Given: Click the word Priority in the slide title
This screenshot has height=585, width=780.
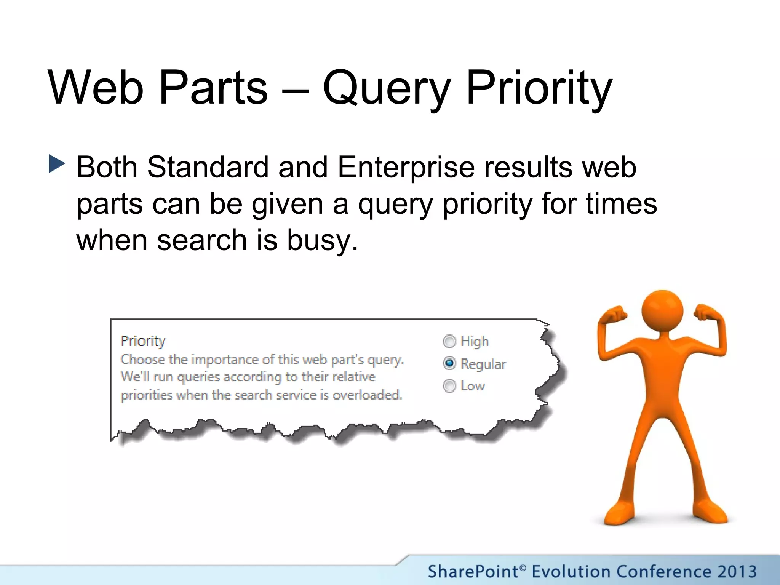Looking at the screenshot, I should pyautogui.click(x=539, y=88).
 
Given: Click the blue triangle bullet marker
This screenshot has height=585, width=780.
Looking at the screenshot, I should pyautogui.click(x=57, y=164).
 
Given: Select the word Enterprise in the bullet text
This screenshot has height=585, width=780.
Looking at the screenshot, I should pyautogui.click(x=406, y=167).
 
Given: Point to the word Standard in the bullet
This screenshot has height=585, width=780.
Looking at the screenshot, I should pyautogui.click(x=208, y=167).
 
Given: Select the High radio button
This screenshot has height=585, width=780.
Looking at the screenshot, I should pyautogui.click(x=449, y=341).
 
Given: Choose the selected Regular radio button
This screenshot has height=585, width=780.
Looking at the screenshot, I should pyautogui.click(x=449, y=363).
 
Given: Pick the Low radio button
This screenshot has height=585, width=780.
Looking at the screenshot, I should pyautogui.click(x=449, y=386).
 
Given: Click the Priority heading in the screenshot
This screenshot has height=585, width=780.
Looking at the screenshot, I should pyautogui.click(x=143, y=341).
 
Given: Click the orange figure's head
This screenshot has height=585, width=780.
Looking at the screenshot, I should pyautogui.click(x=662, y=310).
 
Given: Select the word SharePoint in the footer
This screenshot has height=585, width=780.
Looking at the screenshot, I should pyautogui.click(x=473, y=572).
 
